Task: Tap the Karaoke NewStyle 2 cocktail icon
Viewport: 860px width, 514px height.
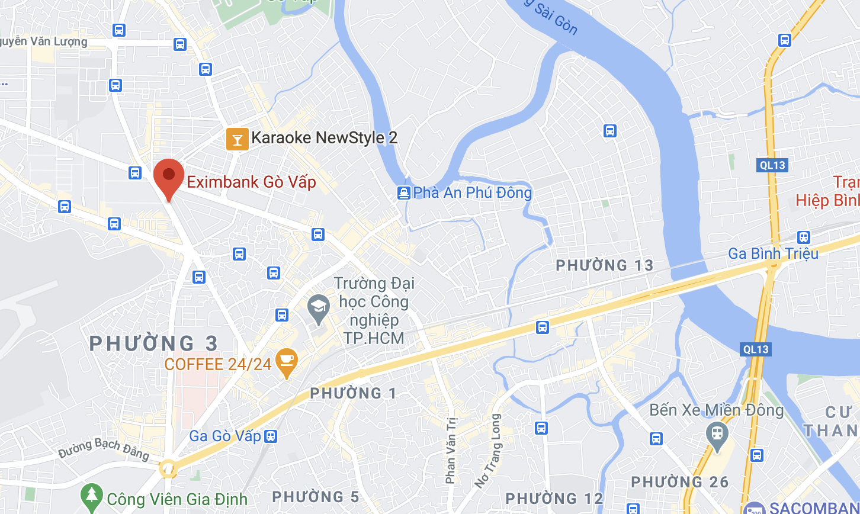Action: coord(237,139)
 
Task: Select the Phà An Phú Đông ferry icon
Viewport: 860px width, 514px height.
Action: coord(403,192)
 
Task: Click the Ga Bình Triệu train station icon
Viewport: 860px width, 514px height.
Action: coord(803,237)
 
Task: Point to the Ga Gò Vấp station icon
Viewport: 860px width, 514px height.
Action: coord(270,436)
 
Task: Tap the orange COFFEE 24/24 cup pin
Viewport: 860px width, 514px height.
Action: coord(287,361)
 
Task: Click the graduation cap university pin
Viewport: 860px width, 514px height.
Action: coord(319,308)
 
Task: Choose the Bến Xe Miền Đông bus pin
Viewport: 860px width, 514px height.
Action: coord(717,433)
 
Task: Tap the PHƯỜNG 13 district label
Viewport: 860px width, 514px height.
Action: coord(604,265)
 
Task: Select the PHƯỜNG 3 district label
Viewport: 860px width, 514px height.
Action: coord(154,343)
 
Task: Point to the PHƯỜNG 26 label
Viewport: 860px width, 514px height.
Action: coord(679,482)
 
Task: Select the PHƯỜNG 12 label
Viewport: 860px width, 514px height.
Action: coord(553,498)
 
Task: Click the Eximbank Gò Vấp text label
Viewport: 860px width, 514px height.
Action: coord(251,181)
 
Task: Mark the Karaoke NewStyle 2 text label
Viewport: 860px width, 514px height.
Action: coord(324,138)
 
